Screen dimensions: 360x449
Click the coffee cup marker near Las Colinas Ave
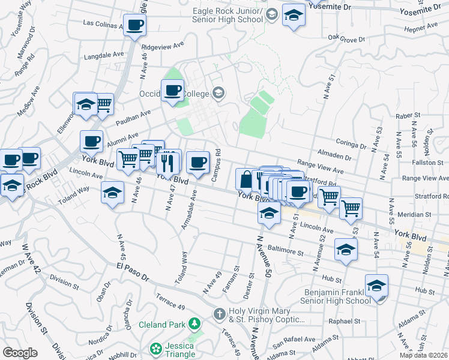click(134, 25)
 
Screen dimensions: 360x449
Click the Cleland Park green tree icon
click(194, 325)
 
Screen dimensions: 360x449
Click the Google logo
click(20, 353)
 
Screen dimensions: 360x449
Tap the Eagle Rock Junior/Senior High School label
click(228, 16)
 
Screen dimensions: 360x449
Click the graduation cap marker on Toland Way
click(112, 192)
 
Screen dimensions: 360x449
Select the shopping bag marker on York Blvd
click(246, 179)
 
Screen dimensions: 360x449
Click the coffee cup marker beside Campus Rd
click(197, 161)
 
